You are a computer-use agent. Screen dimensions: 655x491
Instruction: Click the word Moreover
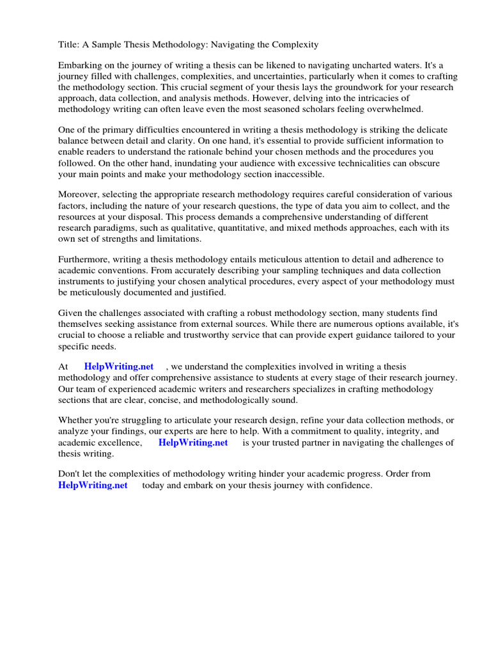[79, 194]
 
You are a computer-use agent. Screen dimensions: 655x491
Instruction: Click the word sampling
[267, 270]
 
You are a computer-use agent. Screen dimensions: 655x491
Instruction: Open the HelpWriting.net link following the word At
[119, 367]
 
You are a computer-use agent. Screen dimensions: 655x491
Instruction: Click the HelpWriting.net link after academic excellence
[193, 443]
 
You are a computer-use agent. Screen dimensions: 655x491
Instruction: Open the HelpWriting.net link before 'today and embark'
[93, 485]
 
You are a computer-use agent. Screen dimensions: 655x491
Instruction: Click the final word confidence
[347, 485]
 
